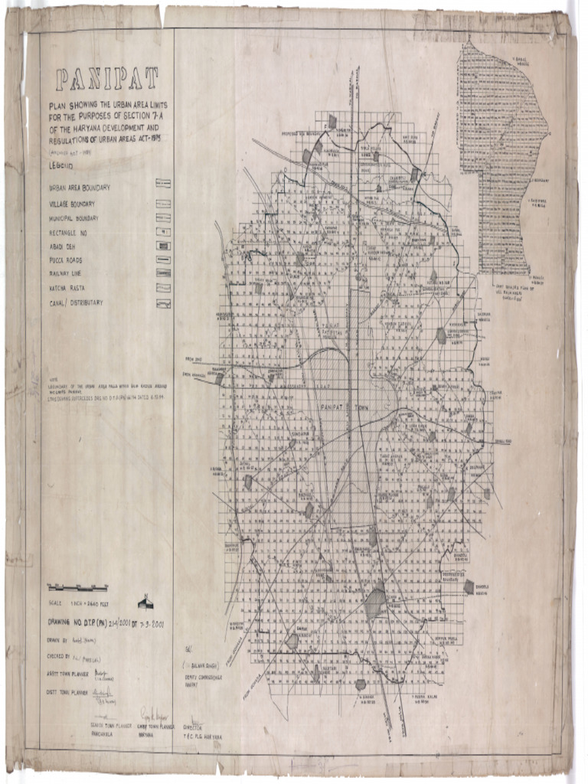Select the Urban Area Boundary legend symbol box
click(162, 184)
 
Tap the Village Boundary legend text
click(72, 204)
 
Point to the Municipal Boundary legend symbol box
click(162, 218)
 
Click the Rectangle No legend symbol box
click(162, 231)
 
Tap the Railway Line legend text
click(70, 273)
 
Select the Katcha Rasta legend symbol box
click(162, 288)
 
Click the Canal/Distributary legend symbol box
click(162, 303)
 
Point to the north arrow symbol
click(145, 602)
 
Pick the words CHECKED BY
click(62, 655)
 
